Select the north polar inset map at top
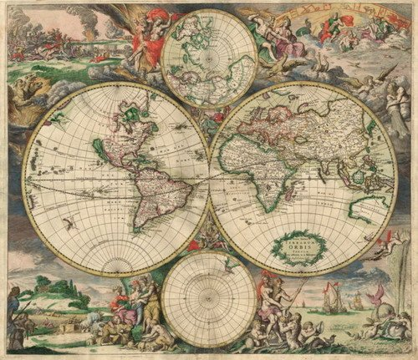[x=208, y=58]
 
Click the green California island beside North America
[x=99, y=151]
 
